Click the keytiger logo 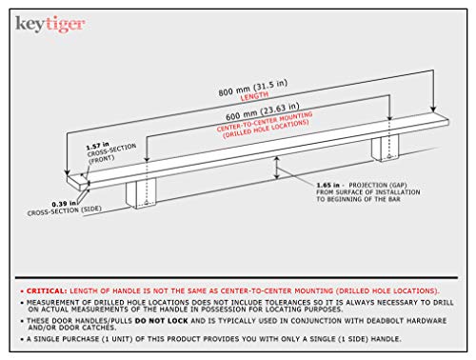[50, 24]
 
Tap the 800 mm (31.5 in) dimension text [252, 88]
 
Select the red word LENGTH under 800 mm [254, 96]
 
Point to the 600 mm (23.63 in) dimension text [262, 111]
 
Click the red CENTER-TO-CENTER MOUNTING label [265, 121]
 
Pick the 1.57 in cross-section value [97, 146]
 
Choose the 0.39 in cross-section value [64, 204]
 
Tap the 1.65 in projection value [327, 185]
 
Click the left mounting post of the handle [141, 193]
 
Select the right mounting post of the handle [386, 148]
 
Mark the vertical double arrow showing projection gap [277, 168]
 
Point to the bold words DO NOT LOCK [161, 321]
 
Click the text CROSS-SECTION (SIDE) [64, 211]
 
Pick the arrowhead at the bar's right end [433, 110]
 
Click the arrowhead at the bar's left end [67, 172]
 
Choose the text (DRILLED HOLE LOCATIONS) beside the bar [266, 130]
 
